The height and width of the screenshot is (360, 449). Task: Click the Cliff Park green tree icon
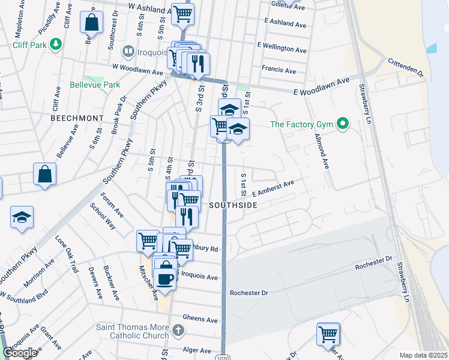coord(56,44)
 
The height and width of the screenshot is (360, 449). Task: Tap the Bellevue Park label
coord(95,85)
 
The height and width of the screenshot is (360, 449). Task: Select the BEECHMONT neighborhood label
coord(73,118)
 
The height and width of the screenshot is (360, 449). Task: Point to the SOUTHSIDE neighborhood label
coord(233,205)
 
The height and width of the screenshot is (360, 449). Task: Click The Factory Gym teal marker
coord(343,124)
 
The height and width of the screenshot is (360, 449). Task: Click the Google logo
coord(20,353)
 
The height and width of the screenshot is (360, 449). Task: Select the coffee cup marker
coord(164,278)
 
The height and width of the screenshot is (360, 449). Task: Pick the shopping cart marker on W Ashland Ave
coord(182,13)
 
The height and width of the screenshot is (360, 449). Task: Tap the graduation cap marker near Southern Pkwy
coord(22,217)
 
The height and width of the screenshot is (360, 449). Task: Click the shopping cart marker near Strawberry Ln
coord(328,334)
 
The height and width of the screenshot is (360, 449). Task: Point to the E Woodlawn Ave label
coord(321,86)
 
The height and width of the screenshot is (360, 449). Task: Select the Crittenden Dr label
coord(406,67)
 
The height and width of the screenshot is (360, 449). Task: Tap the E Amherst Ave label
coord(273,189)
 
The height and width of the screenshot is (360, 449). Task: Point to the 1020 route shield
coord(223,356)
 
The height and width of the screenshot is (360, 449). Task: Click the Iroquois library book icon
coord(127,52)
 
